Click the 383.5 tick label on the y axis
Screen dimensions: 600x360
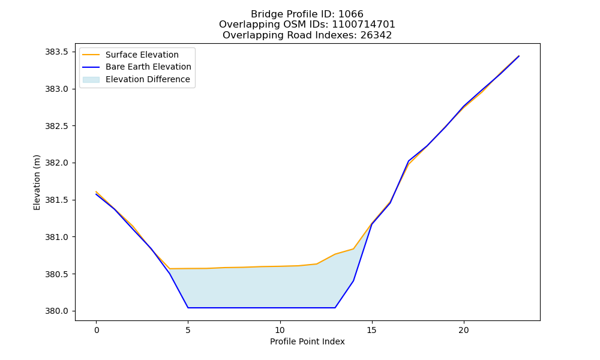click(x=57, y=52)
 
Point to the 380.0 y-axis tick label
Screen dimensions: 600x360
click(x=57, y=311)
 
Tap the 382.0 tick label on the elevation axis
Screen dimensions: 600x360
click(x=57, y=163)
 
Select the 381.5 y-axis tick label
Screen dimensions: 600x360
click(x=57, y=200)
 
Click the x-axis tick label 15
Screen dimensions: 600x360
click(x=372, y=330)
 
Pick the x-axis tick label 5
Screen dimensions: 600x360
click(x=188, y=330)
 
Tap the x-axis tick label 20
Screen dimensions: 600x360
click(x=464, y=330)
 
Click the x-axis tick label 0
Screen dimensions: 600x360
click(x=97, y=330)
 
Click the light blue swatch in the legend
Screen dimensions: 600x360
click(x=91, y=80)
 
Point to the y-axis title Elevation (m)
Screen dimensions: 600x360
click(x=37, y=182)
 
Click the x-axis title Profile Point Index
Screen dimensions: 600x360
click(x=307, y=341)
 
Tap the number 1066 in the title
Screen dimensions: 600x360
click(x=351, y=14)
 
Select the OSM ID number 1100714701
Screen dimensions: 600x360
click(x=364, y=25)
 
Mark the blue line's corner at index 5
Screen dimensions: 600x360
click(x=188, y=308)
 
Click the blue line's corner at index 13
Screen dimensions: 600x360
click(x=335, y=308)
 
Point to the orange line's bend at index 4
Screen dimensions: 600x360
click(x=170, y=269)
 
